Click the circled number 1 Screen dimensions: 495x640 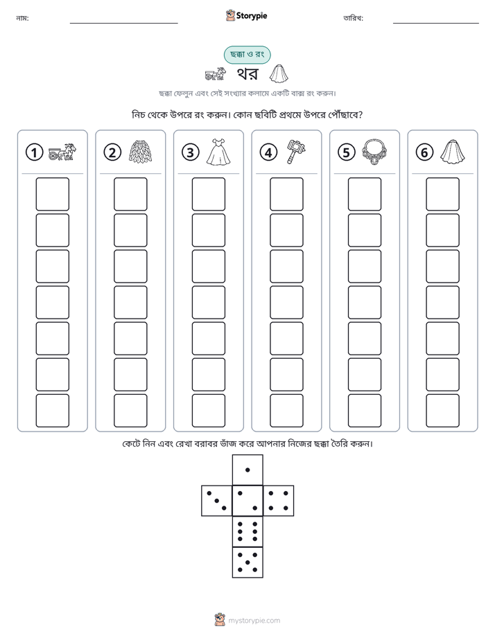click(x=34, y=152)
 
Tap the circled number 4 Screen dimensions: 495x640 click(x=268, y=152)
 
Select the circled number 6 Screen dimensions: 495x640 click(x=424, y=152)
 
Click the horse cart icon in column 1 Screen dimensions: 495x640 click(x=62, y=152)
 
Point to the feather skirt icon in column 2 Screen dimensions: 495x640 click(x=141, y=152)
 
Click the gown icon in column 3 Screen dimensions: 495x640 click(x=218, y=152)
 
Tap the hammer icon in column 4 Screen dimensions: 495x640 click(x=296, y=152)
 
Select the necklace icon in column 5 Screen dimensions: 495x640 click(x=374, y=152)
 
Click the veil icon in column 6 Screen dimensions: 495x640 click(x=452, y=152)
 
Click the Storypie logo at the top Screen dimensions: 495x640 click(x=246, y=15)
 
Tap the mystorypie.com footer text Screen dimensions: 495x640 click(x=254, y=621)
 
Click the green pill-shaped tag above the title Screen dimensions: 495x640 click(x=247, y=55)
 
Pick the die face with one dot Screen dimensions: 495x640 click(x=247, y=470)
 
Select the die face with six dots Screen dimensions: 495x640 click(x=247, y=531)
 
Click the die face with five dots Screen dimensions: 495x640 click(x=247, y=562)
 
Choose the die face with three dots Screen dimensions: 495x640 click(x=216, y=501)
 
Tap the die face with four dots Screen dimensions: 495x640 click(x=279, y=501)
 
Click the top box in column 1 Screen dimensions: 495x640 click(x=52, y=194)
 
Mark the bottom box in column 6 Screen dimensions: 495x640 click(x=442, y=411)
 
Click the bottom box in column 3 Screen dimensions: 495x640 click(x=208, y=411)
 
